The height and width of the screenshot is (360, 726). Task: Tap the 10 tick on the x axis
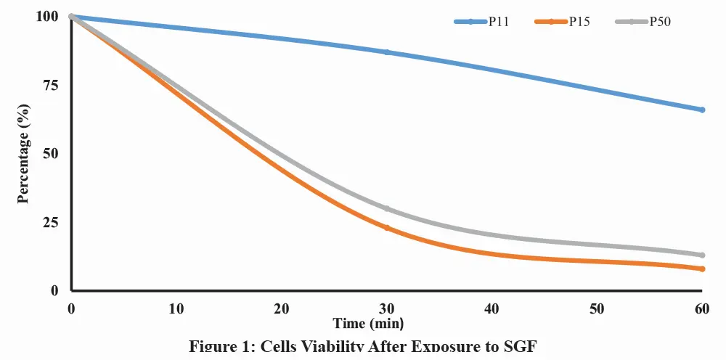[x=176, y=308]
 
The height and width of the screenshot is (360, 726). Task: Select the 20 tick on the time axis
[x=282, y=308]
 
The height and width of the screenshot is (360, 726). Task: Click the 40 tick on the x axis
[x=492, y=308]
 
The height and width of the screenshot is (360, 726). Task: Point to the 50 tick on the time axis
[x=597, y=308]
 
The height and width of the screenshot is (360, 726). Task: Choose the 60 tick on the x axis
[x=702, y=308]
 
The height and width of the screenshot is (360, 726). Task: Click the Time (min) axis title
[x=368, y=323]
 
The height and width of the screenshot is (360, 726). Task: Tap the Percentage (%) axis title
[x=23, y=154]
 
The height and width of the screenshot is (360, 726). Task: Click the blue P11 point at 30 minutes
[x=387, y=52]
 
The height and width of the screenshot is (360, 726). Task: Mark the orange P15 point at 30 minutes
[x=387, y=228]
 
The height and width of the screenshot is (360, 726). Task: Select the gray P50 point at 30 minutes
[x=387, y=209]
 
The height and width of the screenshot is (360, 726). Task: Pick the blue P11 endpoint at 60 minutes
[x=702, y=110]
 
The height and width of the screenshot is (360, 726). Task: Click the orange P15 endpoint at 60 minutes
[x=702, y=269]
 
